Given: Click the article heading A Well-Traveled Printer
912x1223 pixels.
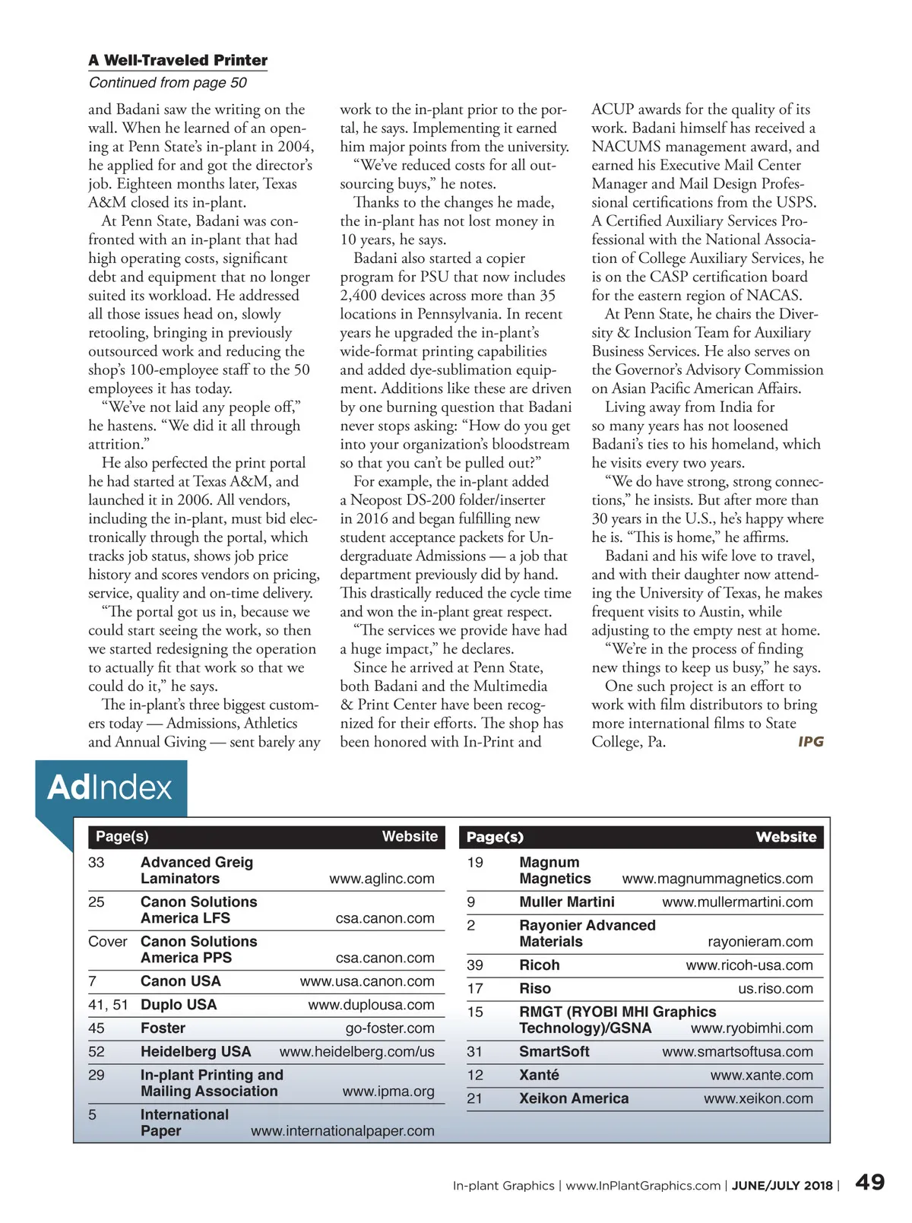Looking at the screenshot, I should [x=178, y=60].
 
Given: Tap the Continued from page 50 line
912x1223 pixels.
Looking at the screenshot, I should [x=167, y=82].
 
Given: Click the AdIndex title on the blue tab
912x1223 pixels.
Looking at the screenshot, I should [x=110, y=787].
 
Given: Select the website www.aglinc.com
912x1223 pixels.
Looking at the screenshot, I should [x=382, y=879].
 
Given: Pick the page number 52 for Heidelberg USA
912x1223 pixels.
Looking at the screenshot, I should [x=97, y=1051].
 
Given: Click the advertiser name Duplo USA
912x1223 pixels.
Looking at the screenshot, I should [x=179, y=1004].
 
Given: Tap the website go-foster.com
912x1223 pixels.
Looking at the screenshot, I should [x=390, y=1028].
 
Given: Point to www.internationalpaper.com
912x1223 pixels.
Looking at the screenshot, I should [x=343, y=1130].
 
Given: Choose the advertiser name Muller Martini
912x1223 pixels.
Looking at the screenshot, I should [x=567, y=901].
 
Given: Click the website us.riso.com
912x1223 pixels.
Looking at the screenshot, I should [x=775, y=989].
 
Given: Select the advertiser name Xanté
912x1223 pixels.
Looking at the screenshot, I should [x=539, y=1075].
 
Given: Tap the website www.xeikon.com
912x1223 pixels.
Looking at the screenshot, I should [x=758, y=1098].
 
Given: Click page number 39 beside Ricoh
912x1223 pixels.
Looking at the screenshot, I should [x=475, y=965].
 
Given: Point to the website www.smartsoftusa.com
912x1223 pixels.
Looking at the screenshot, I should [x=737, y=1052].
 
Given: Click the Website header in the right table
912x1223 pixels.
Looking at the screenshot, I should [x=786, y=837].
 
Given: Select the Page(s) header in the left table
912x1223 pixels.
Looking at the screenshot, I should [x=122, y=836].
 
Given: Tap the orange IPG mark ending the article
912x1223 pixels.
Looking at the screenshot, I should [x=810, y=741].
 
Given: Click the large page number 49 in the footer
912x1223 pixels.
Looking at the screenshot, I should [x=869, y=1182].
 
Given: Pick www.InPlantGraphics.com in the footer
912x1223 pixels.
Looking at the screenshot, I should [x=643, y=1186].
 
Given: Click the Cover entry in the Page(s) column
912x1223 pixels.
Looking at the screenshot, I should [x=108, y=941].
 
